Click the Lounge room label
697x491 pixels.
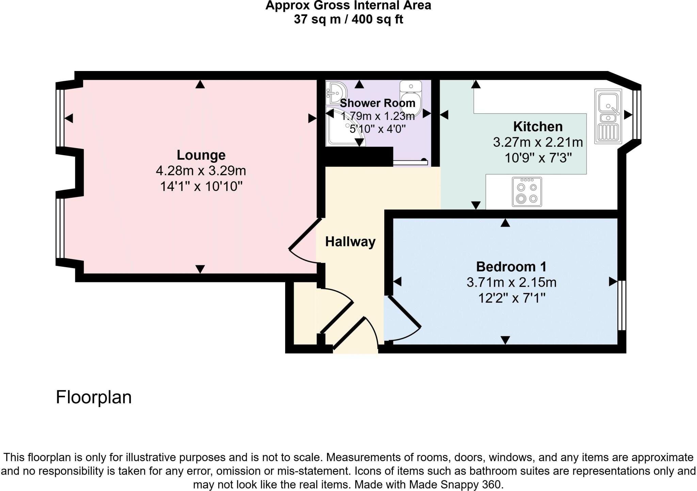coord(201,155)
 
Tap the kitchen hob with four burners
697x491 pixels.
coord(527,192)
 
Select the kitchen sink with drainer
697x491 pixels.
coord(608,116)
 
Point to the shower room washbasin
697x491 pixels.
coord(336,92)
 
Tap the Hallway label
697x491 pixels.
coord(350,242)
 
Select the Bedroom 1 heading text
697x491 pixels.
coord(511,267)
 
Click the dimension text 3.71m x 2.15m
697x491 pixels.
coord(511,282)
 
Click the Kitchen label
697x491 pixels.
coord(538,126)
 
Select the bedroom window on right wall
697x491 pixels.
coord(621,305)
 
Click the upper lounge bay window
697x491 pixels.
coord(60,118)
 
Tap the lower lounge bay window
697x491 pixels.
coord(60,228)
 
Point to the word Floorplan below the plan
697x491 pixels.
coord(94,397)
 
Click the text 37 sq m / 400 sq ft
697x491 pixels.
coord(348,19)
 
